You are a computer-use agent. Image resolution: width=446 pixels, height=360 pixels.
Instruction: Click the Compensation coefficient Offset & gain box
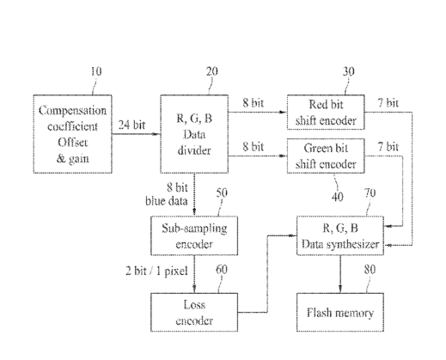[72, 134]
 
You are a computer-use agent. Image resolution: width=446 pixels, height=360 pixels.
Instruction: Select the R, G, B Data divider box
[194, 134]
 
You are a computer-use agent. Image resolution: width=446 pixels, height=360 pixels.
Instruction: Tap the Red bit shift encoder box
[326, 113]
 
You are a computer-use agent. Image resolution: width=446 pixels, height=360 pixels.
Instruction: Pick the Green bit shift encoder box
[326, 156]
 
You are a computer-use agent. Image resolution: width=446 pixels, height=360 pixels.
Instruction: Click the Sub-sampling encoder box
[194, 235]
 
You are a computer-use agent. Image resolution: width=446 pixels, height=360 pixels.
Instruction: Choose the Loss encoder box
[194, 312]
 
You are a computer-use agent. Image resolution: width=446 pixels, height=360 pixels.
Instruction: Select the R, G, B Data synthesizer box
[340, 235]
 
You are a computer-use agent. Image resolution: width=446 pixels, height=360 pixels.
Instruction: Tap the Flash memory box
[340, 312]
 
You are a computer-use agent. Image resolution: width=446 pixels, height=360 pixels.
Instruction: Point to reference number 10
[96, 71]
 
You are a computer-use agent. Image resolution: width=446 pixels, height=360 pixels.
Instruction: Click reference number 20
[212, 71]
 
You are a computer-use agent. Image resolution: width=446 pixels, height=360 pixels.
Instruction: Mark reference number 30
[348, 71]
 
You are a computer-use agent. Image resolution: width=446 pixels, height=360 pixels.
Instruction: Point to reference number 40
[338, 197]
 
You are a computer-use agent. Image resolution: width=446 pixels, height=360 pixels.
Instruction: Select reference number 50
[222, 192]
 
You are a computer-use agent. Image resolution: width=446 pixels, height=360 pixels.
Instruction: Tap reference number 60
[222, 269]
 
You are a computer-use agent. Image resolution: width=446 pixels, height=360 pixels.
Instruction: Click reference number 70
[370, 192]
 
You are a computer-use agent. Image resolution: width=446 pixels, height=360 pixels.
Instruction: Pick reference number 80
[370, 269]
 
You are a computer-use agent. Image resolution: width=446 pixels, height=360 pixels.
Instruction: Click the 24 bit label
[131, 125]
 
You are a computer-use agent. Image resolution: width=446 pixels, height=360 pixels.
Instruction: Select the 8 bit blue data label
[167, 194]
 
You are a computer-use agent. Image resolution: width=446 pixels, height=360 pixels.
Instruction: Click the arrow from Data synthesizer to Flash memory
[340, 274]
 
